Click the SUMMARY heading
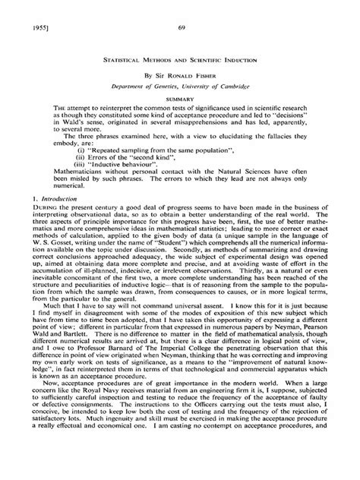pos(180,99)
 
